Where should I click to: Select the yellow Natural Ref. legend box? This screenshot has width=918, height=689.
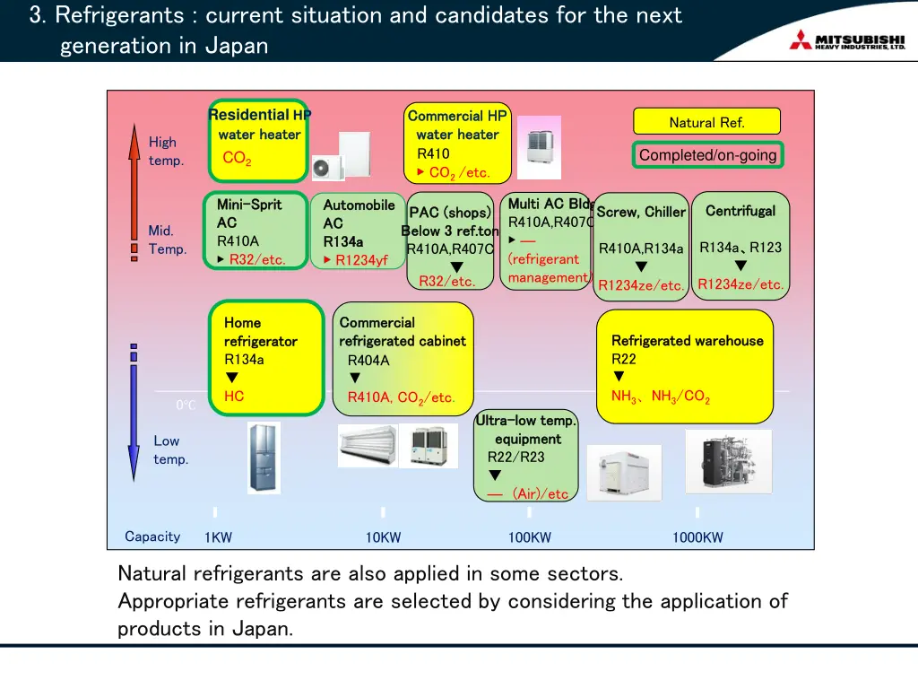[x=706, y=122]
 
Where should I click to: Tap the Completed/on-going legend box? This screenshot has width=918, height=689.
[x=707, y=155]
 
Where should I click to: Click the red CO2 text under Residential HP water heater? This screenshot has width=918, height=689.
[x=237, y=159]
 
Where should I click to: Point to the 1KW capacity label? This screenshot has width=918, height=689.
[x=218, y=537]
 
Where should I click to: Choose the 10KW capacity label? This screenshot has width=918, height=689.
[x=383, y=537]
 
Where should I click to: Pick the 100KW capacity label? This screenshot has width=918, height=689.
[x=529, y=537]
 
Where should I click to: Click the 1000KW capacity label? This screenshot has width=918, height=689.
[x=697, y=537]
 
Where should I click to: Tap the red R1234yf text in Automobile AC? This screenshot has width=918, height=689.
[x=361, y=260]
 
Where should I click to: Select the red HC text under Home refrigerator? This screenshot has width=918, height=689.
[x=234, y=396]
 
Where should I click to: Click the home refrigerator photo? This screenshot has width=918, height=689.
[x=264, y=458]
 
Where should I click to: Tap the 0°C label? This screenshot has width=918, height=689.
[x=186, y=406]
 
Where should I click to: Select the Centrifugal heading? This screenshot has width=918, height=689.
[x=740, y=211]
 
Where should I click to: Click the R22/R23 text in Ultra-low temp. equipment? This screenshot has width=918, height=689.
[x=515, y=457]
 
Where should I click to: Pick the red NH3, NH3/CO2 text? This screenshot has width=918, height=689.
[x=661, y=396]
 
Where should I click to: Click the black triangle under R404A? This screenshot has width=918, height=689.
[x=355, y=379]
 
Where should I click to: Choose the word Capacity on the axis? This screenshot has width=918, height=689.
[x=152, y=536]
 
